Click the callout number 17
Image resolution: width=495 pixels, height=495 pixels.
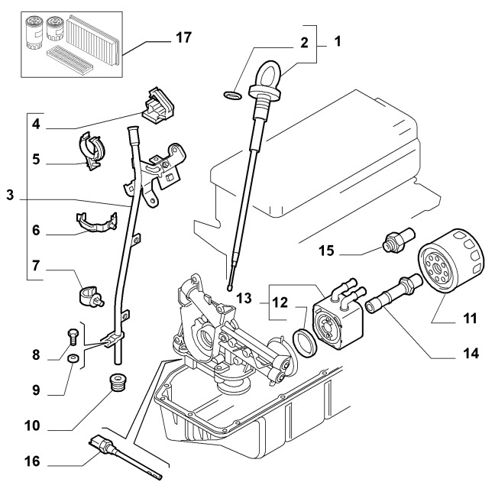tap(184, 37)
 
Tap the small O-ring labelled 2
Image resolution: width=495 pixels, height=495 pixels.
tap(233, 95)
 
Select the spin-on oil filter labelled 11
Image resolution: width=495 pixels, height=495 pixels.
tap(451, 260)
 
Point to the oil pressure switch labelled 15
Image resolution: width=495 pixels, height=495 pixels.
tap(398, 240)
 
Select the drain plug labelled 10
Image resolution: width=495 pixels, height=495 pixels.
tap(118, 383)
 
